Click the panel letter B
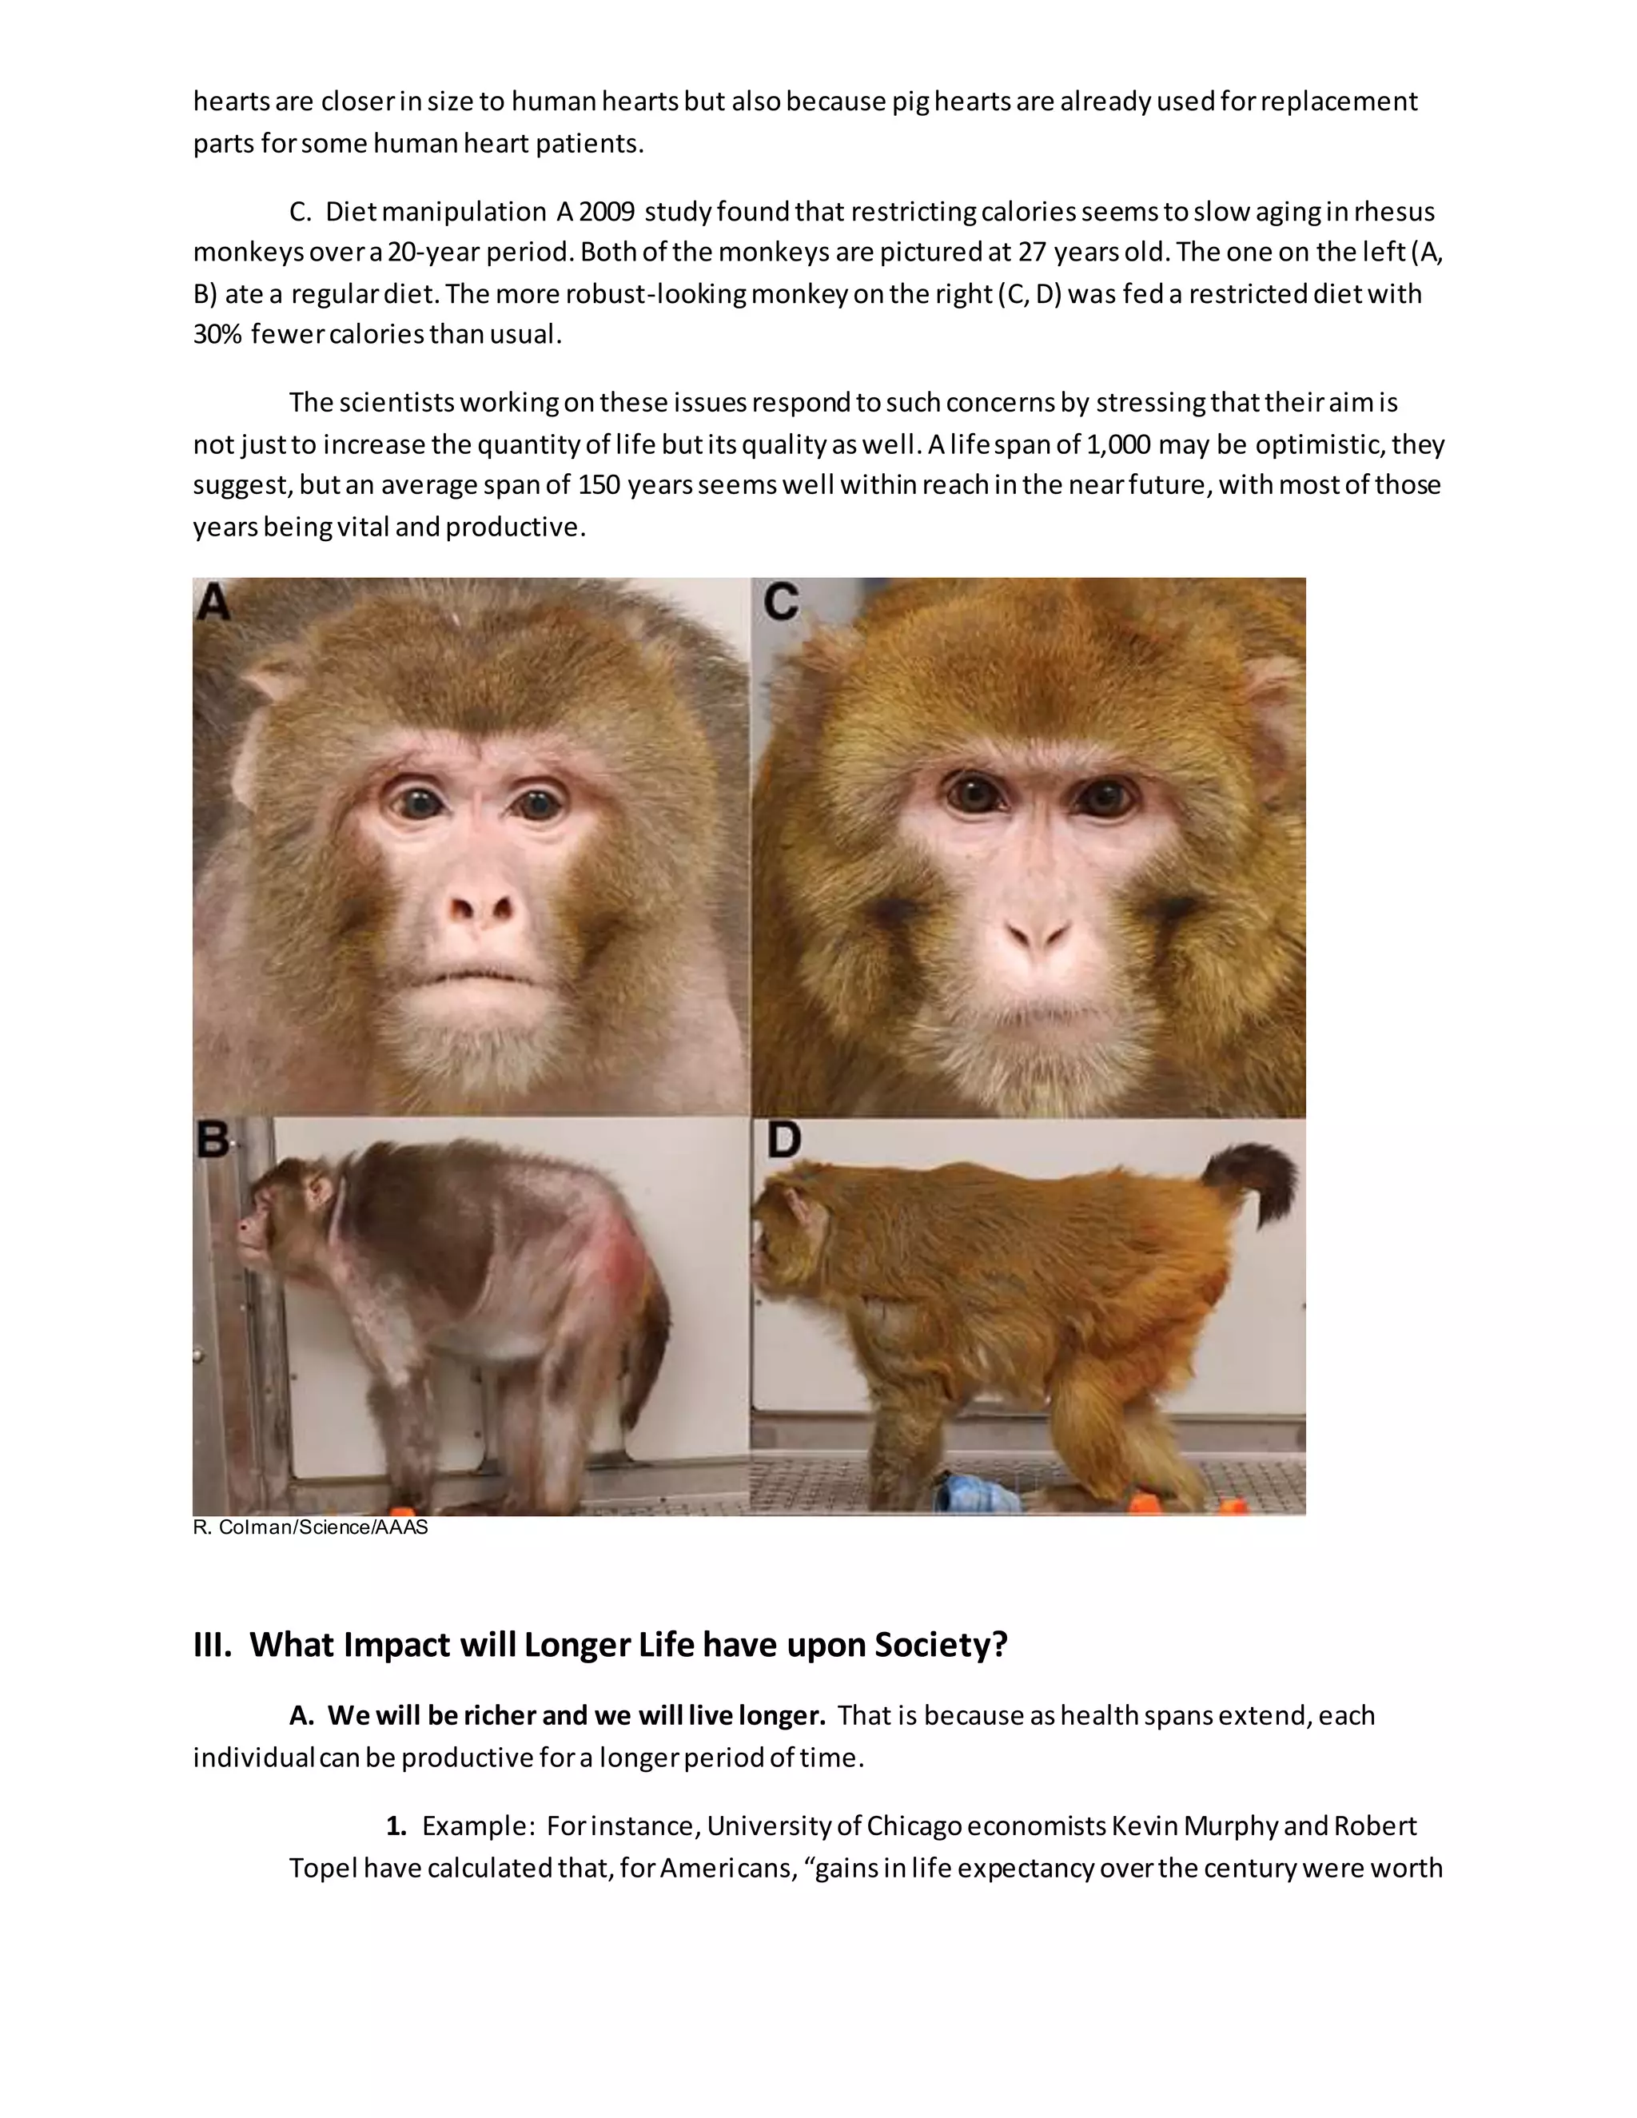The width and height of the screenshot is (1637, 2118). pyautogui.click(x=213, y=1141)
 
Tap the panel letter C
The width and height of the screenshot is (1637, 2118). pyautogui.click(x=781, y=603)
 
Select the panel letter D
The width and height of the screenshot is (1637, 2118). pyautogui.click(x=783, y=1141)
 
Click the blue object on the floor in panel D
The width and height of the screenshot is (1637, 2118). pyautogui.click(x=974, y=1494)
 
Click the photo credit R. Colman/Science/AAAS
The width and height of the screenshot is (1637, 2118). pyautogui.click(x=310, y=1527)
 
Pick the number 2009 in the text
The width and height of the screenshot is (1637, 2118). pyautogui.click(x=607, y=212)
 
